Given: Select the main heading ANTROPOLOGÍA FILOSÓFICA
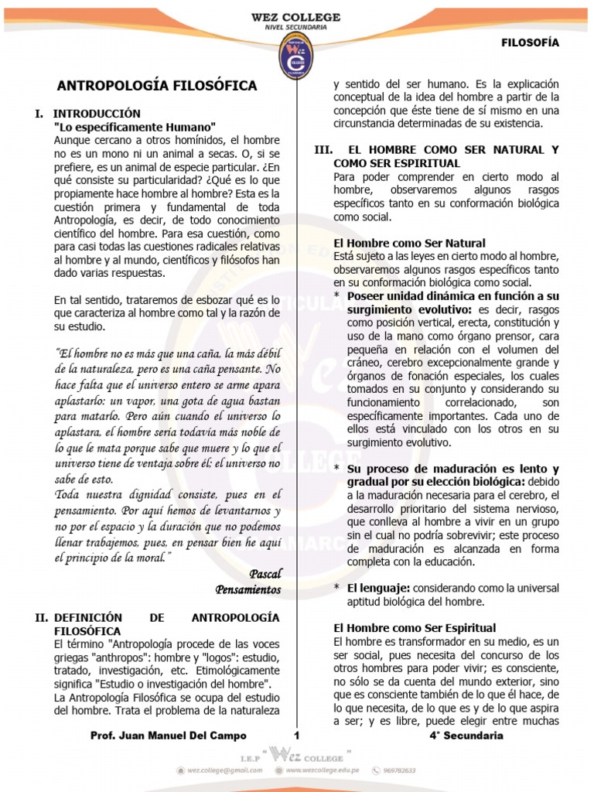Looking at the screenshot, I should click(x=158, y=86).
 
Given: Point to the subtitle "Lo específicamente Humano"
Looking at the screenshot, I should click(x=135, y=127).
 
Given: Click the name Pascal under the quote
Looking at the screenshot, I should click(x=265, y=573).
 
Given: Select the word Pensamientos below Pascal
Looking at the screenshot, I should click(x=247, y=589).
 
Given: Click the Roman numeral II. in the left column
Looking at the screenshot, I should click(x=41, y=617).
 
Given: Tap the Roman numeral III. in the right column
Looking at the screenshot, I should click(x=323, y=149).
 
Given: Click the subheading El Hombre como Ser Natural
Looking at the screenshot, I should click(x=409, y=243).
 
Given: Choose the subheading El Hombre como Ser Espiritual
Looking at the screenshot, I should click(x=415, y=628).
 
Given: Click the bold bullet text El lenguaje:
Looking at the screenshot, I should click(x=378, y=588).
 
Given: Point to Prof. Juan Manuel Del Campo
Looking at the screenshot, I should click(x=169, y=736).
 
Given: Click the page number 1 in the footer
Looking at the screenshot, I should click(x=296, y=736).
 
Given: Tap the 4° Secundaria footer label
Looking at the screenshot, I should click(x=466, y=736).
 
